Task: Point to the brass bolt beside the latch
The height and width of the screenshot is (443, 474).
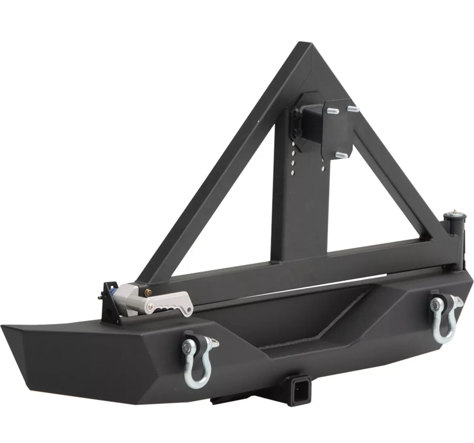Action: pyautogui.click(x=150, y=291)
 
